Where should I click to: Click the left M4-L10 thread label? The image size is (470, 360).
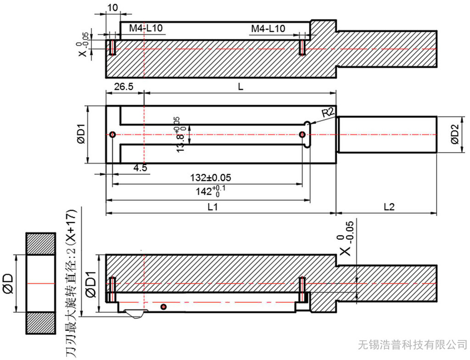pyautogui.click(x=145, y=28)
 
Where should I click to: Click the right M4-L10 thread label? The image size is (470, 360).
pyautogui.click(x=268, y=28)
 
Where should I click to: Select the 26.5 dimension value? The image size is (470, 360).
pyautogui.click(x=123, y=87)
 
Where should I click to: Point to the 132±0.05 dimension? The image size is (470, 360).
pyautogui.click(x=211, y=177)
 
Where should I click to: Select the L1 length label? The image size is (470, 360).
pyautogui.click(x=212, y=207)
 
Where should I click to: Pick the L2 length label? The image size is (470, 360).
pyautogui.click(x=389, y=207)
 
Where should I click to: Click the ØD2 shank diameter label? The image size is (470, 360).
pyautogui.click(x=454, y=134)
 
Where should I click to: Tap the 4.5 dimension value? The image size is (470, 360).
pyautogui.click(x=140, y=168)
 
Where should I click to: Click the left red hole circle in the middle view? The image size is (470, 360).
pyautogui.click(x=112, y=134)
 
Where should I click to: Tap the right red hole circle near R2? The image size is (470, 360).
pyautogui.click(x=302, y=134)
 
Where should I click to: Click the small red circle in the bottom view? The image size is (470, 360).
pyautogui.click(x=163, y=306)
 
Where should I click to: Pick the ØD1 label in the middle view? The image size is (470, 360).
pyautogui.click(x=81, y=134)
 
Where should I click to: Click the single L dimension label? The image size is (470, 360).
pyautogui.click(x=240, y=87)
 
